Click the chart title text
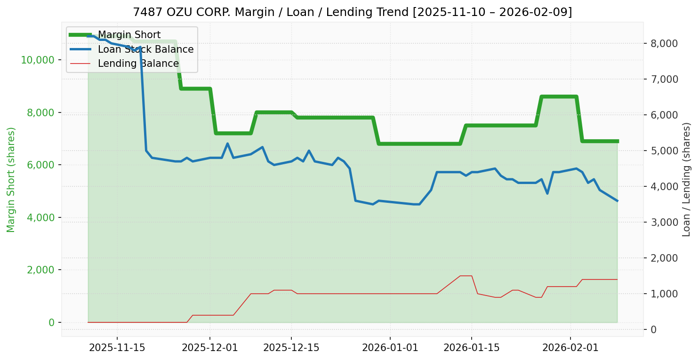click(352, 12)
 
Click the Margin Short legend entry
click(129, 35)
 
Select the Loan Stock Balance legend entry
click(145, 49)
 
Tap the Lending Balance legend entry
click(138, 64)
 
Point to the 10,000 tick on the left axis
click(38, 60)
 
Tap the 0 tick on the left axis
click(51, 322)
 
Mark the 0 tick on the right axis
click(653, 329)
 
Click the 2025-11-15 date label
click(117, 348)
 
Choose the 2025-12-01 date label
click(210, 348)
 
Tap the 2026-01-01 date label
click(390, 348)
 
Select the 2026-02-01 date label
click(570, 348)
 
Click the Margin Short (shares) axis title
click(11, 180)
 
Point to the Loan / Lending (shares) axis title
click(686, 179)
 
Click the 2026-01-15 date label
click(472, 348)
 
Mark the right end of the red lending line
click(617, 280)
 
